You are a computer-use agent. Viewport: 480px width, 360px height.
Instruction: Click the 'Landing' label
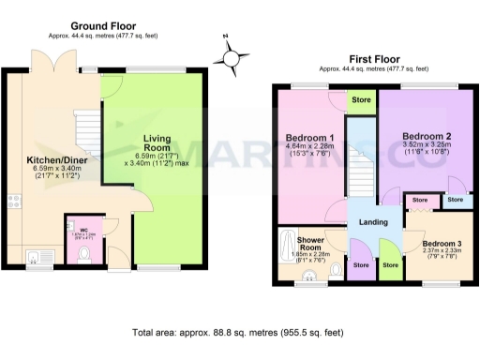[x=372, y=221]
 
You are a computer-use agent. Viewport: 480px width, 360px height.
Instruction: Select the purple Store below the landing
[x=361, y=264]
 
